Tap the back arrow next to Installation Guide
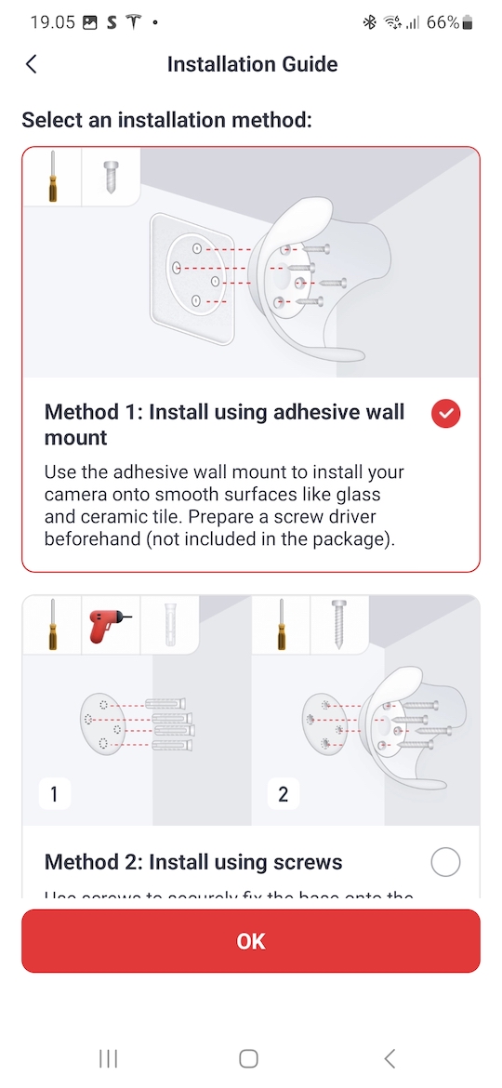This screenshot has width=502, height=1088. coord(32,64)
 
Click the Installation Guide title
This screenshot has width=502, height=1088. coord(252,64)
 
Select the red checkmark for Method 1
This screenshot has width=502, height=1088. coord(446,414)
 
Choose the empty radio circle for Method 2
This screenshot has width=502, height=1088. coord(446,863)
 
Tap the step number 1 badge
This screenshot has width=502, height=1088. coord(54,794)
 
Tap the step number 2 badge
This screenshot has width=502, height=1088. coord(284,794)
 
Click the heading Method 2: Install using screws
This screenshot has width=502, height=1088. coord(193,863)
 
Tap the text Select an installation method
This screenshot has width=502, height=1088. coord(166,120)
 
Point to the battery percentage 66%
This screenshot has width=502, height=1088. coord(443,22)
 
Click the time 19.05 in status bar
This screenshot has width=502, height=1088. coord(52,22)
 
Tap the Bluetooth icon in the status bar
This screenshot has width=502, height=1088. coord(370,22)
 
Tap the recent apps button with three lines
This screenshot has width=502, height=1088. coord(109,1058)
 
